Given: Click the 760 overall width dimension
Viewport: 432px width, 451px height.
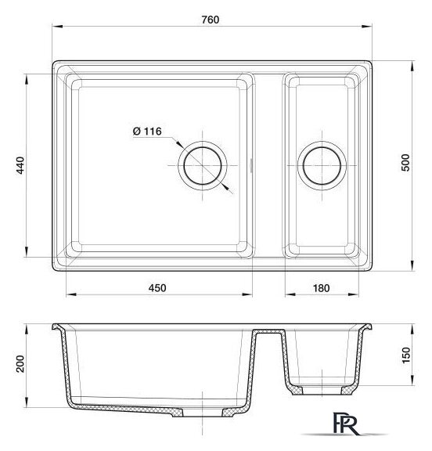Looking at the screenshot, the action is [211, 20].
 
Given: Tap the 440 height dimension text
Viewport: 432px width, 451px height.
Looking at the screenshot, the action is [20, 165].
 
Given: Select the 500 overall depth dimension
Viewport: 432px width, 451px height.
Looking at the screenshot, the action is [405, 163].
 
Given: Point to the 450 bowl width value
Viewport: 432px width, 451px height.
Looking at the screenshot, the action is [157, 288].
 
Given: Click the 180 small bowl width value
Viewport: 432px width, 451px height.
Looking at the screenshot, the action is [321, 288].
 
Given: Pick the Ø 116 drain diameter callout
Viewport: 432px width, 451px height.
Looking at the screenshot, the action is [147, 132].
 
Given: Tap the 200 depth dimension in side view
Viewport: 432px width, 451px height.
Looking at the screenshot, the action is [20, 364].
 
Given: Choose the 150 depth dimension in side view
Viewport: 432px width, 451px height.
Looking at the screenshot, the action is [405, 355].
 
